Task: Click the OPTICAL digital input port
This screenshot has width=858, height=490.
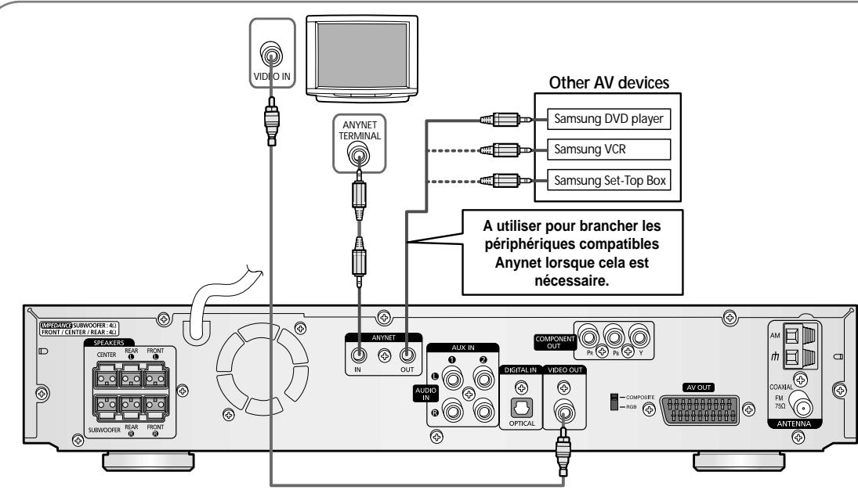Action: pos(521,409)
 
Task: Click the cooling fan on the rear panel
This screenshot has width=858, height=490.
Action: pos(249,369)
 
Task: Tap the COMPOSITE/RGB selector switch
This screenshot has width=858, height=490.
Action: pos(615,402)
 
